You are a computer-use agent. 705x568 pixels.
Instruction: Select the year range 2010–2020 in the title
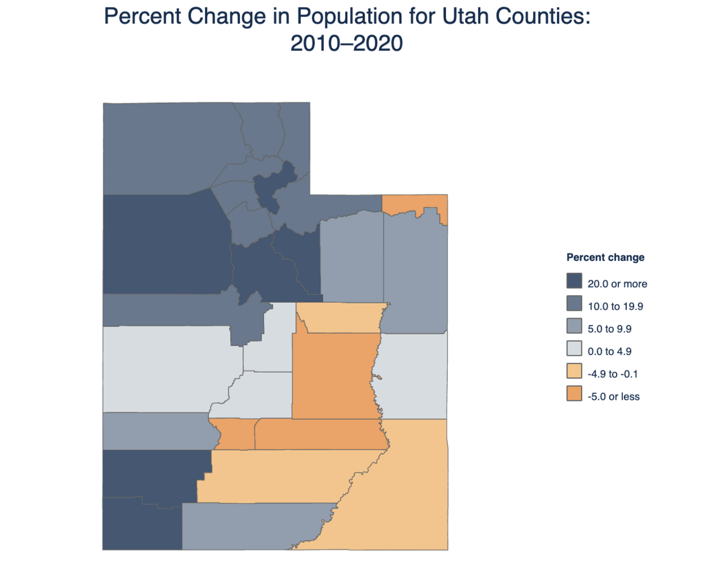point(346,43)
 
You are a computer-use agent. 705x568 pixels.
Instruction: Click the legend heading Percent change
point(605,257)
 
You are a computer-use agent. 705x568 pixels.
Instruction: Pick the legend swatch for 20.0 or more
point(574,281)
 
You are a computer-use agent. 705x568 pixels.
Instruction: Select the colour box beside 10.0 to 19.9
point(574,303)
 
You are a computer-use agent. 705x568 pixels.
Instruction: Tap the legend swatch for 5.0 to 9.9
point(574,326)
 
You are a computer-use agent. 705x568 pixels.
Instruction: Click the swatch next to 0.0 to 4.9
point(574,349)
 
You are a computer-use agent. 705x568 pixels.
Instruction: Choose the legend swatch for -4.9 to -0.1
point(574,371)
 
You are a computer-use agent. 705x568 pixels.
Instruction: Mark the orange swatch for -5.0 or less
point(574,393)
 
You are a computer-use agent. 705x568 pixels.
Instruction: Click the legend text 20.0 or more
point(617,284)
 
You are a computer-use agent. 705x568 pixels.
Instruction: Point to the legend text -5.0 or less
point(613,396)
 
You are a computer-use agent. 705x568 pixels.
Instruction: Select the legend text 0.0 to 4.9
point(609,351)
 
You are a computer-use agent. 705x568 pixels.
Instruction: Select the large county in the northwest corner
point(161,149)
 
